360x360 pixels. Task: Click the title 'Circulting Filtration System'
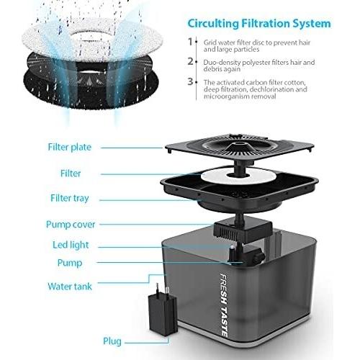coord(259,24)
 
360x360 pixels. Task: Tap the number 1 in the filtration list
coord(190,42)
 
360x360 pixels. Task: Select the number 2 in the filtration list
coord(190,62)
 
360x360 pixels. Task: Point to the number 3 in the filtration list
coord(190,81)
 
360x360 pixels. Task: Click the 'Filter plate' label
coord(70,147)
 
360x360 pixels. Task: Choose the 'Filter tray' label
coord(70,198)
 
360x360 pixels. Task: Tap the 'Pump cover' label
coord(71,225)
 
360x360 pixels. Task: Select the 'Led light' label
coord(71,245)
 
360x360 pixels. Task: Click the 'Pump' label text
coord(70,263)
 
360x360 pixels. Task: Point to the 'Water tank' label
coord(70,287)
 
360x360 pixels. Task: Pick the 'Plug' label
coord(112,341)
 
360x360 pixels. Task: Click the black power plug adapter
coord(163,310)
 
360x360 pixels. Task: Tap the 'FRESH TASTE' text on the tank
coord(224,305)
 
